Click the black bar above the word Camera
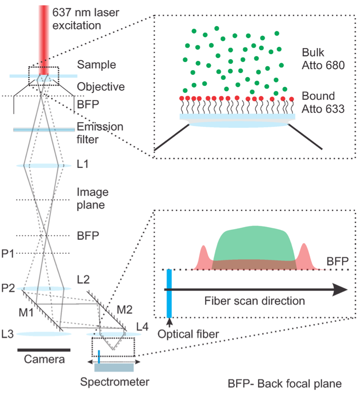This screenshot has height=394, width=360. [x=44, y=350]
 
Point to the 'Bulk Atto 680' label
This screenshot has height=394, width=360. [x=322, y=60]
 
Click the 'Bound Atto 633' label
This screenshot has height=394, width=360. [x=322, y=103]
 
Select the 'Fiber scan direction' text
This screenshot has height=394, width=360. [x=255, y=301]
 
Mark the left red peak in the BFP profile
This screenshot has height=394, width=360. [x=204, y=257]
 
